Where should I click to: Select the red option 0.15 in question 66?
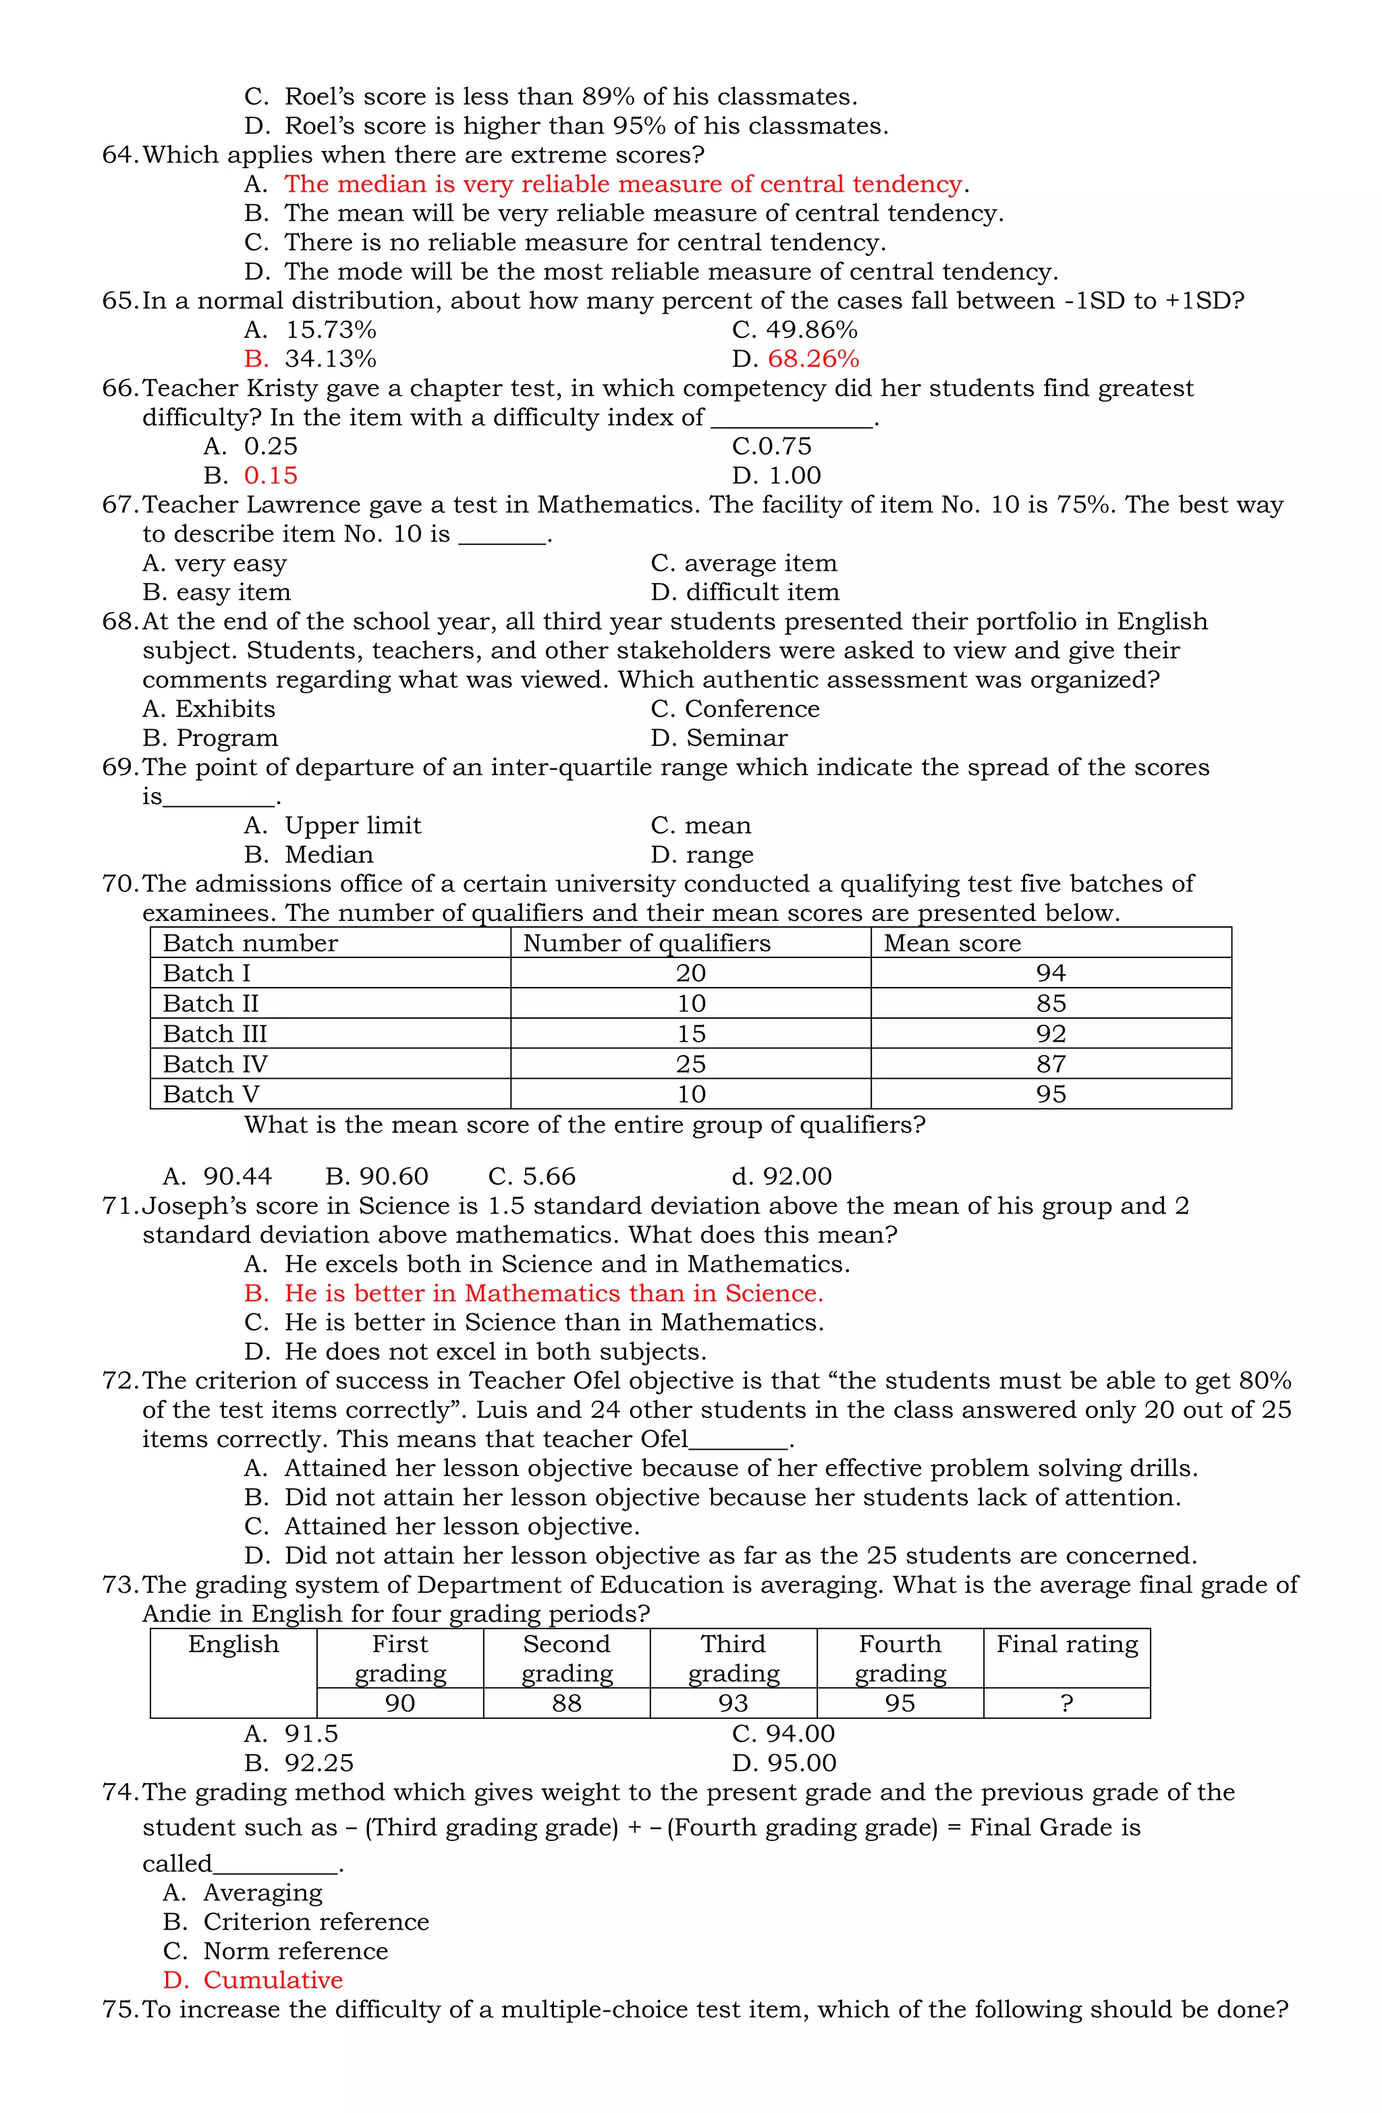click(x=271, y=475)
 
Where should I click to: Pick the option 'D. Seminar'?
click(x=719, y=738)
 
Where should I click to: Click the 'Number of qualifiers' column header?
click(x=646, y=943)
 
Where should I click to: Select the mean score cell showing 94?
click(x=1050, y=973)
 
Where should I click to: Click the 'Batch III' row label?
click(x=215, y=1034)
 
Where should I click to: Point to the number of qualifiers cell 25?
click(x=690, y=1064)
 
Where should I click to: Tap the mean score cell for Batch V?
click(x=1050, y=1094)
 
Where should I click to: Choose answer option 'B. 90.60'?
click(x=377, y=1177)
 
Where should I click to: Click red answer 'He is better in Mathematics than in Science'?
click(x=553, y=1293)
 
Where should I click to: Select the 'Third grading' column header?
click(x=733, y=1658)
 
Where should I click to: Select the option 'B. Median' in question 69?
click(x=309, y=854)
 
